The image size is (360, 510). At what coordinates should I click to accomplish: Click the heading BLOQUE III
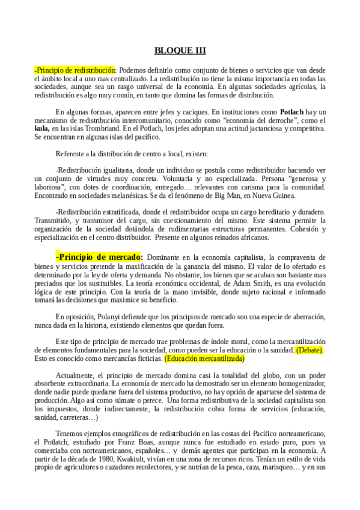180,50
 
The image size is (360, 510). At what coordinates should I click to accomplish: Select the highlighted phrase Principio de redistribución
75,70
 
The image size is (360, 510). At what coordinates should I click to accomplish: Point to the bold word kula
41,129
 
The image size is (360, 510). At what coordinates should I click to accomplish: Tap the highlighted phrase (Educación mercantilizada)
204,358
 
